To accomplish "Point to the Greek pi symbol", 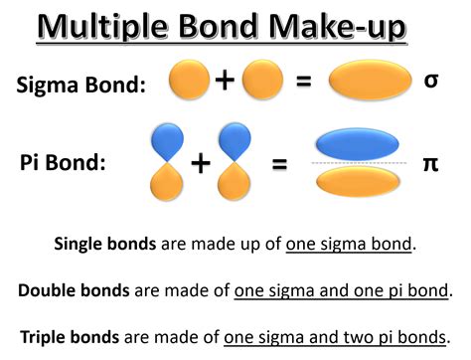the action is pyautogui.click(x=430, y=162).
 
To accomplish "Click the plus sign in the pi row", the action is pyautogui.click(x=200, y=163).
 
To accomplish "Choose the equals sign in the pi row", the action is pyautogui.click(x=279, y=163).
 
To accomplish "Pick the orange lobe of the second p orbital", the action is pyautogui.click(x=235, y=185).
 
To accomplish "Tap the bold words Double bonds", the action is pyautogui.click(x=74, y=290).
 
